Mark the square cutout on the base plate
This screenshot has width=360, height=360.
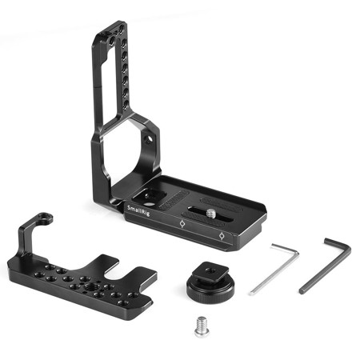point(152,192)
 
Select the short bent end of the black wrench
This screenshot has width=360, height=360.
point(337,248)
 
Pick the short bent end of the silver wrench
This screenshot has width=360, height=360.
point(284,250)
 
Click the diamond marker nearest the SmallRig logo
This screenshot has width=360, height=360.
point(183,224)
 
